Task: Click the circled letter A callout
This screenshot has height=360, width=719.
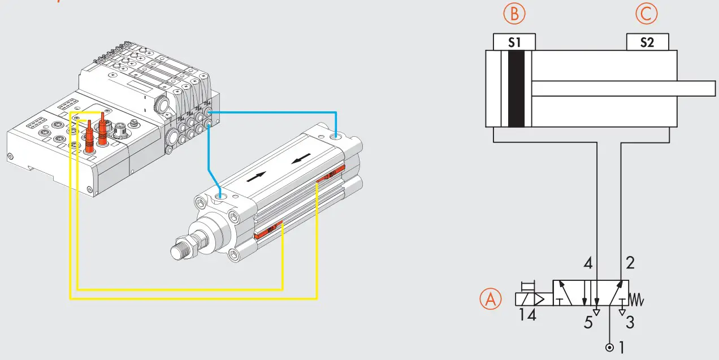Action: [x=491, y=300]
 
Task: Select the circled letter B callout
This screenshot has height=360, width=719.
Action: [x=514, y=14]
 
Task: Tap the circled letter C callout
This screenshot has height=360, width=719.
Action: [x=647, y=14]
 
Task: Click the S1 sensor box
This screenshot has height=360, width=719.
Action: [x=514, y=42]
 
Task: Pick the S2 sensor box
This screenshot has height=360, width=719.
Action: [x=647, y=42]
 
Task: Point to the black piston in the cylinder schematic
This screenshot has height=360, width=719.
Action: [x=516, y=89]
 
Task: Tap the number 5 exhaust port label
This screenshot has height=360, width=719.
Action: [x=588, y=323]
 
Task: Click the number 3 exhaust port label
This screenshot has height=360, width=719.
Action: [x=630, y=323]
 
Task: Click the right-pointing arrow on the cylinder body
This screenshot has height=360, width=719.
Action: [x=255, y=177]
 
